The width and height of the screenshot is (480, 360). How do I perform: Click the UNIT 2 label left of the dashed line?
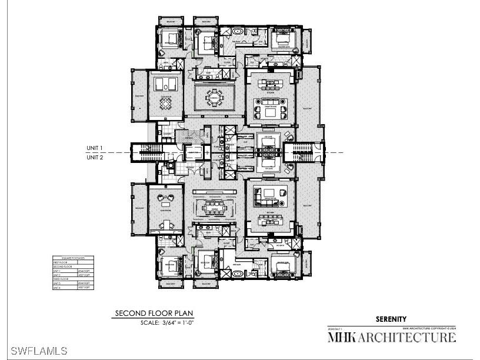click(x=95, y=157)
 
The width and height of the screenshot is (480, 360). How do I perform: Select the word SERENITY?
click(x=391, y=319)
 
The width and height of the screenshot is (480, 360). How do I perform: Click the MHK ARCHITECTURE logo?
click(x=391, y=337)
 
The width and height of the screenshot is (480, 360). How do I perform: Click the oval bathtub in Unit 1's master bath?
click(x=238, y=30)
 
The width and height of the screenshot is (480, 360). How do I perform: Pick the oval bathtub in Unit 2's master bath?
click(x=238, y=273)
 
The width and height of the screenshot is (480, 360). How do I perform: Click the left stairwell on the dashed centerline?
click(x=144, y=152)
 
